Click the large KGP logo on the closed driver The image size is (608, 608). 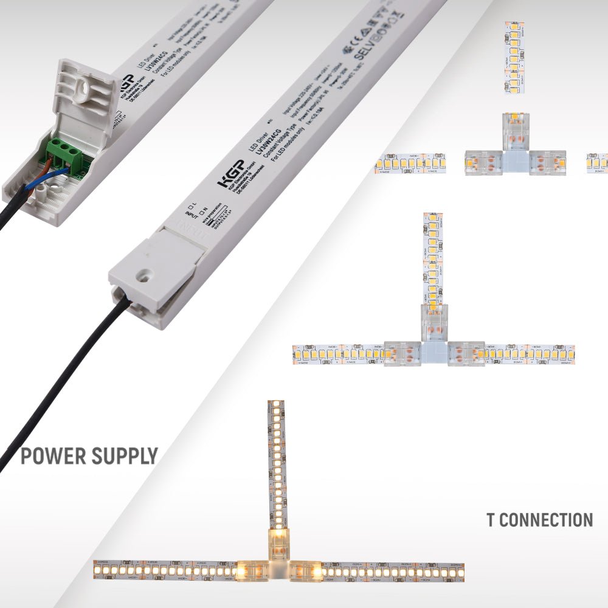tap(233, 173)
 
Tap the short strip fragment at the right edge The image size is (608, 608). tap(596, 163)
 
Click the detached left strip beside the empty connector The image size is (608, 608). tap(411, 164)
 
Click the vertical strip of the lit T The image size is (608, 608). tap(276, 462)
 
